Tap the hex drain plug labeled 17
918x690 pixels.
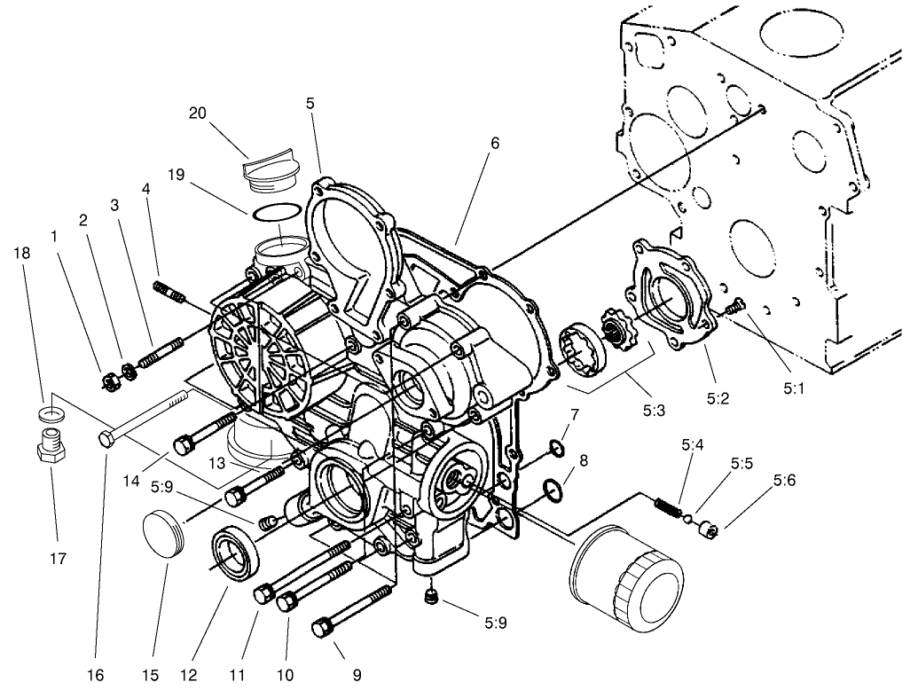[51, 447]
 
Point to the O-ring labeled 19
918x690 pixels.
[275, 214]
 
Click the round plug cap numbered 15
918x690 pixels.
[166, 537]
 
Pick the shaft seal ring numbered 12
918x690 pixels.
[236, 554]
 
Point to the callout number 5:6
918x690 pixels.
[784, 480]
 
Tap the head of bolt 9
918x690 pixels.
[323, 629]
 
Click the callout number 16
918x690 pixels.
[95, 675]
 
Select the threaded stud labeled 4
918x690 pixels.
[168, 292]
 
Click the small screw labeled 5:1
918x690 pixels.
[734, 307]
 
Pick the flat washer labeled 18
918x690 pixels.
[52, 413]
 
